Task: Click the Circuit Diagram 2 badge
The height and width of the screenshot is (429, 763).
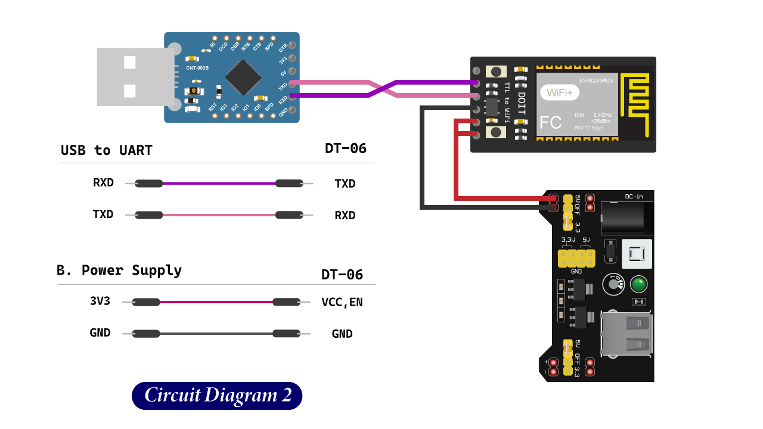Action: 217,396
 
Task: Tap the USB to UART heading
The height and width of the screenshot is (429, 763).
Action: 106,150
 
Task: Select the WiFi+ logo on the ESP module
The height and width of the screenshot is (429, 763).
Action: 559,93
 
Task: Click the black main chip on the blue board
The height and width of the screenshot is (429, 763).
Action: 244,77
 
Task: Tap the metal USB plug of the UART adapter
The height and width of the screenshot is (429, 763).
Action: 134,77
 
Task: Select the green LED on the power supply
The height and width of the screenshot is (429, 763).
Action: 638,284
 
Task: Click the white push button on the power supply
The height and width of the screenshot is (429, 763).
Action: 637,254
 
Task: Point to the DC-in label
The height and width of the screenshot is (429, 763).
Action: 634,196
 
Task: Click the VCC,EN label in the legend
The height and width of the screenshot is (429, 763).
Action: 342,302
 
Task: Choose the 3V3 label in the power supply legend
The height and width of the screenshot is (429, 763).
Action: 100,301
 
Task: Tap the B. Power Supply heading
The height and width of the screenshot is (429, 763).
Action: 119,270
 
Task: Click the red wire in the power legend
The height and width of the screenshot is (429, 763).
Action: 216,302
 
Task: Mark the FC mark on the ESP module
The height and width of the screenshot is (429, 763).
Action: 550,123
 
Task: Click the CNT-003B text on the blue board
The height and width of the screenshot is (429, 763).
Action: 197,68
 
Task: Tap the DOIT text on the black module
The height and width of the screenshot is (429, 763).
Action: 521,104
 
